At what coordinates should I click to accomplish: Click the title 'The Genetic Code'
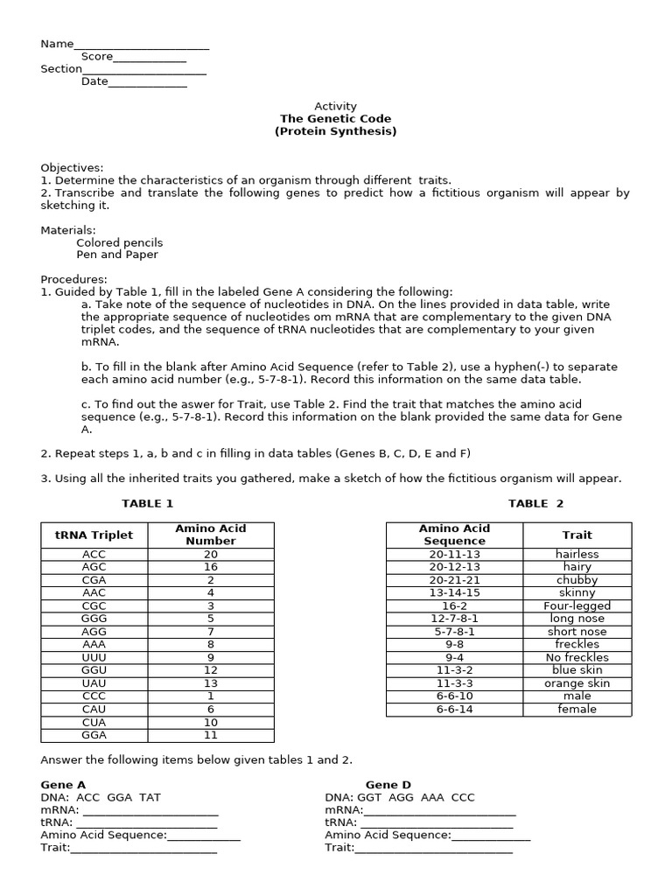pyautogui.click(x=336, y=119)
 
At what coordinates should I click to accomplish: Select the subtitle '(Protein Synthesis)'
pyautogui.click(x=336, y=132)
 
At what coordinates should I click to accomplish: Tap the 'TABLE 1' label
pyautogui.click(x=148, y=503)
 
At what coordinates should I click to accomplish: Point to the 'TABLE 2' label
pyautogui.click(x=536, y=503)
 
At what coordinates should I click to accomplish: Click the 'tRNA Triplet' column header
pyautogui.click(x=94, y=535)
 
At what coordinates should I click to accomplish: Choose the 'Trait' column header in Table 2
pyautogui.click(x=577, y=535)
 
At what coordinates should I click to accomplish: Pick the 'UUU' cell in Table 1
pyautogui.click(x=94, y=657)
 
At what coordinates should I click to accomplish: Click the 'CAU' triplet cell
pyautogui.click(x=94, y=710)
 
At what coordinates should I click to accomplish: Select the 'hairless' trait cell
pyautogui.click(x=577, y=554)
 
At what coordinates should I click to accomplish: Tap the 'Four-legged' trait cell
pyautogui.click(x=577, y=605)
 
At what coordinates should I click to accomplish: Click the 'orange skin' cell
pyautogui.click(x=577, y=683)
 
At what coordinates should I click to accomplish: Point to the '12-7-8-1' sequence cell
pyautogui.click(x=454, y=619)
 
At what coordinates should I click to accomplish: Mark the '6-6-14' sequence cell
pyautogui.click(x=454, y=710)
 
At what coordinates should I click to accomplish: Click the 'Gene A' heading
pyautogui.click(x=63, y=785)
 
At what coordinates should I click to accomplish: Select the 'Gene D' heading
pyautogui.click(x=388, y=785)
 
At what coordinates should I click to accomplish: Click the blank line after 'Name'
pyautogui.click(x=141, y=46)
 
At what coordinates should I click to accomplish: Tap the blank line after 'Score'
pyautogui.click(x=150, y=59)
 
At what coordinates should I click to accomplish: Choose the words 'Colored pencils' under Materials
pyautogui.click(x=119, y=242)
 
